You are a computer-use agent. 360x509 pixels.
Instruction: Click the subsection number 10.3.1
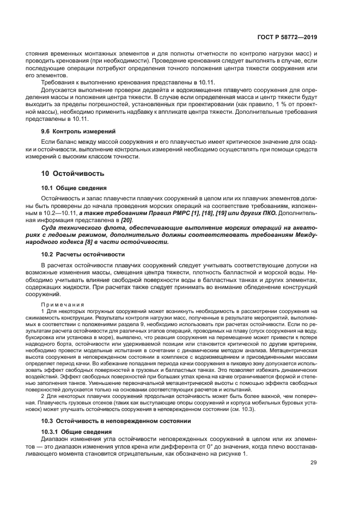coord(52,431)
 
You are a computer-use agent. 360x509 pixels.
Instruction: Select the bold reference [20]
coord(126,219)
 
